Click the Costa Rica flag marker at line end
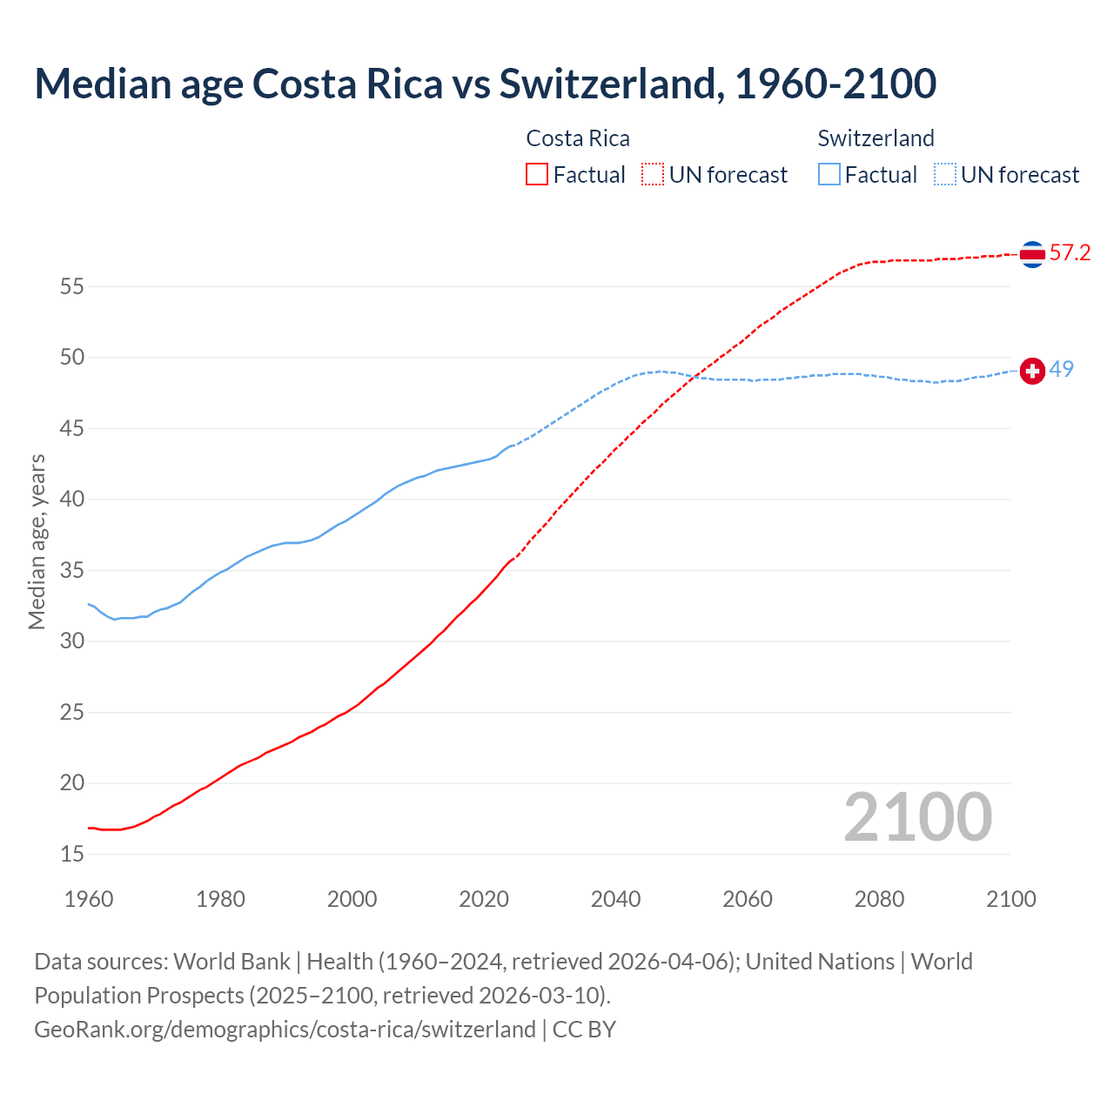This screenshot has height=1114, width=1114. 1032,254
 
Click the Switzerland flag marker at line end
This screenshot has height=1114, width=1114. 1032,371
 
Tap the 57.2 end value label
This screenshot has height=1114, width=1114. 1070,253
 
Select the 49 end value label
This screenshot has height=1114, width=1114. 1061,370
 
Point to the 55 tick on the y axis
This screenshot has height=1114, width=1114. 72,286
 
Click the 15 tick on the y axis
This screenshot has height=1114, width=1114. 72,855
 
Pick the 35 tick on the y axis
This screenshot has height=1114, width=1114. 72,571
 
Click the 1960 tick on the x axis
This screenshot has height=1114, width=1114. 89,899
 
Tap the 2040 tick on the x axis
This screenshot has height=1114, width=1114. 615,899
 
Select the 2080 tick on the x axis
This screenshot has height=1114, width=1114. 879,899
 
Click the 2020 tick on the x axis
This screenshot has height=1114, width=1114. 484,899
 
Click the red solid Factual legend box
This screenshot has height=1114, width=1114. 537,175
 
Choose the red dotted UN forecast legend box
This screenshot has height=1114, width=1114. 653,175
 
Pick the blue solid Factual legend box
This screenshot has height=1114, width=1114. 829,175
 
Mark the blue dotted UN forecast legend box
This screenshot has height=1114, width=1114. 945,175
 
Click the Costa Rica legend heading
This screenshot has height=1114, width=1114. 578,139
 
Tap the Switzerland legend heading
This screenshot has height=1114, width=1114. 876,139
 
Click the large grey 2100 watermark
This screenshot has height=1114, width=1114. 917,817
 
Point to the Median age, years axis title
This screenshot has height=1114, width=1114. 37,541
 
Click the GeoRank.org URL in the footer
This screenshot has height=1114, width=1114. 285,1030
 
